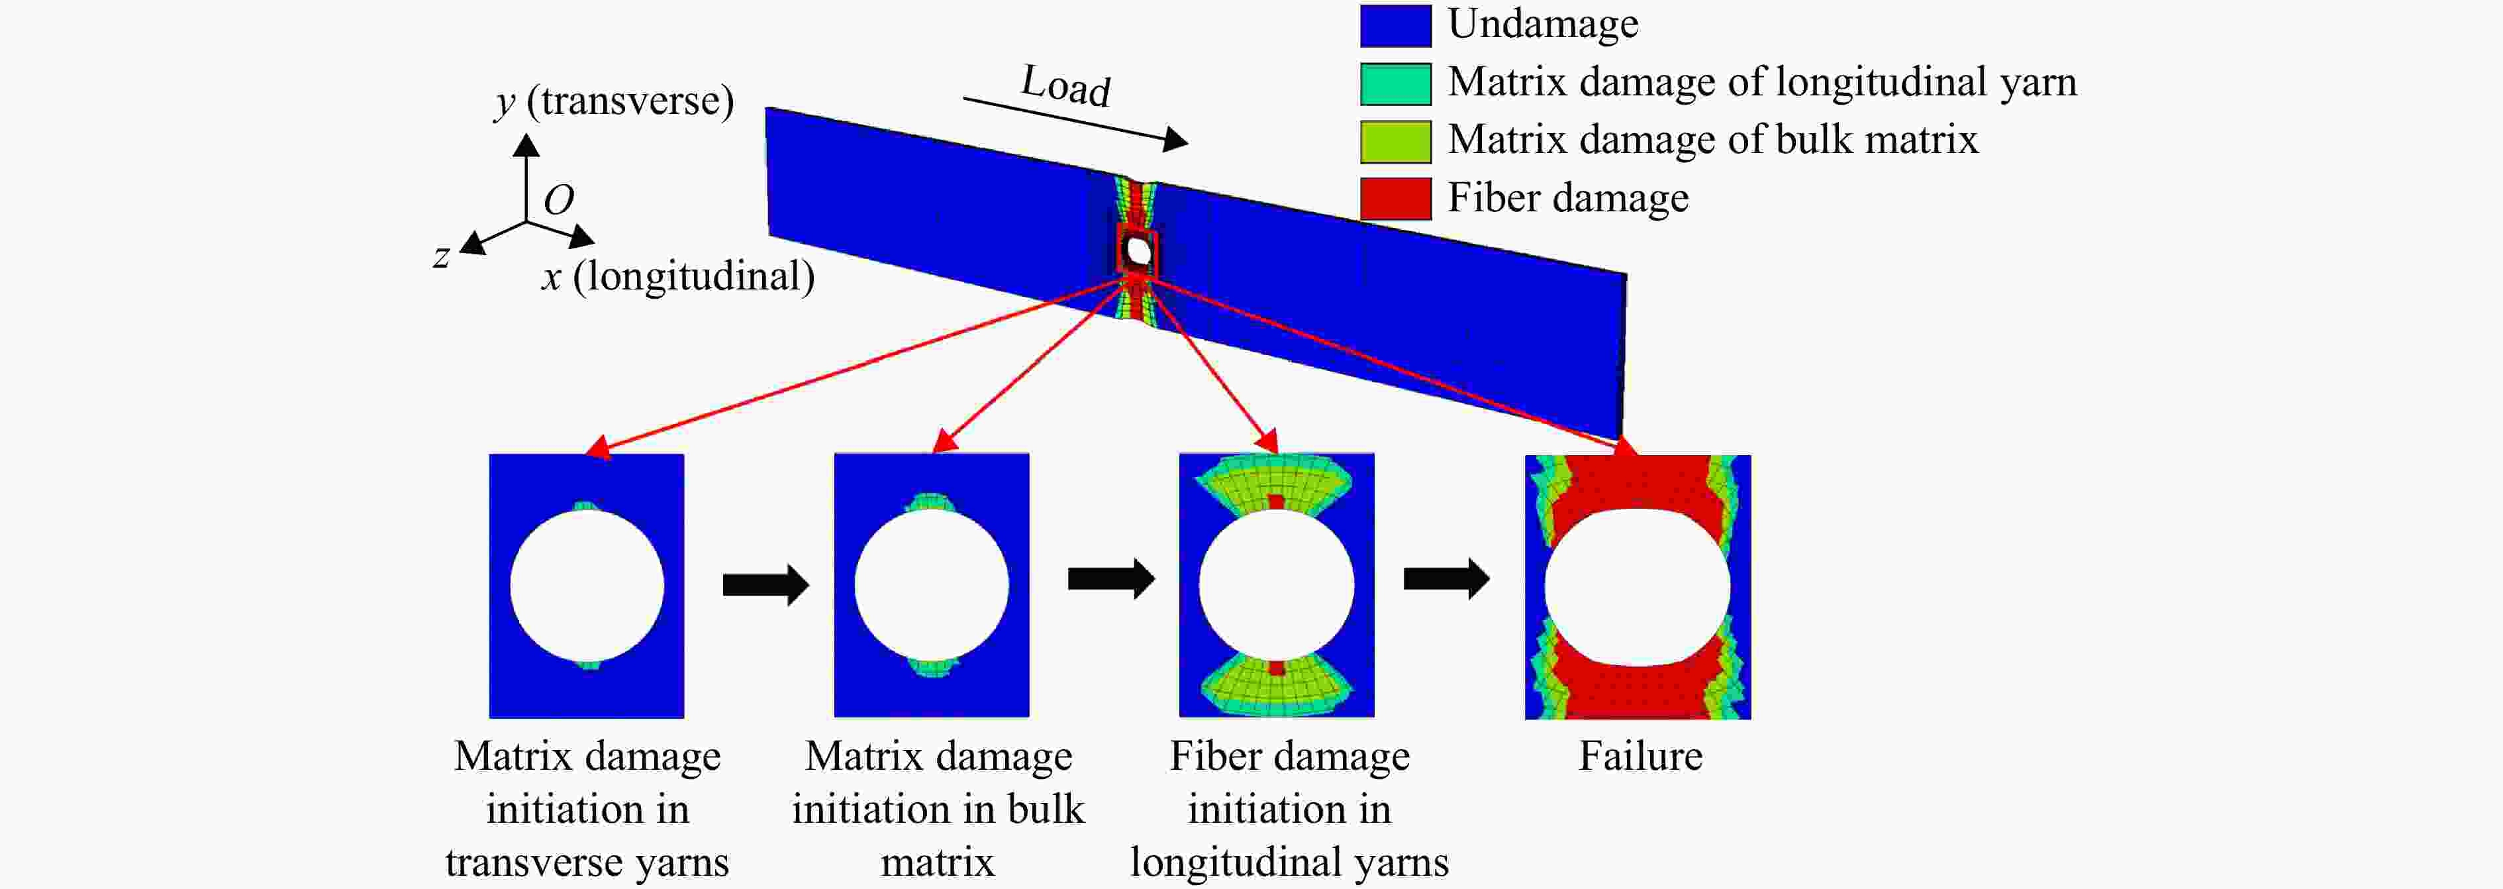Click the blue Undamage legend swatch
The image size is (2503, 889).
coord(1395,25)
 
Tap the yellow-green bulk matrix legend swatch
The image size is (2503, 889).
coord(1395,142)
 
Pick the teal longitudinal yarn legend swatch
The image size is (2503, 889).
coord(1395,83)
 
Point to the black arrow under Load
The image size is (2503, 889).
coord(1075,123)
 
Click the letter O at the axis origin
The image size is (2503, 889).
coord(559,200)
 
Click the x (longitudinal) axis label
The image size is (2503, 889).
coord(678,277)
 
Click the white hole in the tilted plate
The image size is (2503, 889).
coord(1138,252)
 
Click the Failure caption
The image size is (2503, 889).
coord(1640,756)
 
